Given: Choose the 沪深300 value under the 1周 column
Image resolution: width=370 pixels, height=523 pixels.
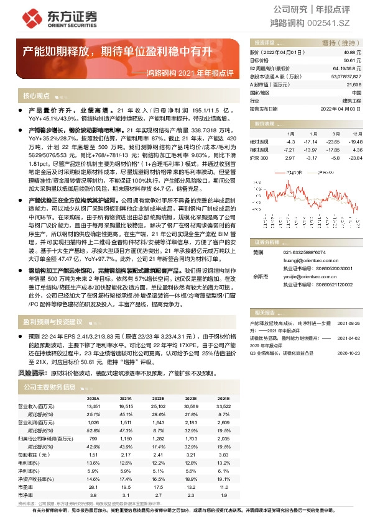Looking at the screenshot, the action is [x=290, y=158].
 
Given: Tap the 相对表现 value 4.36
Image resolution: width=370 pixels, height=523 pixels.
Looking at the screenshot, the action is [x=356, y=150].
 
